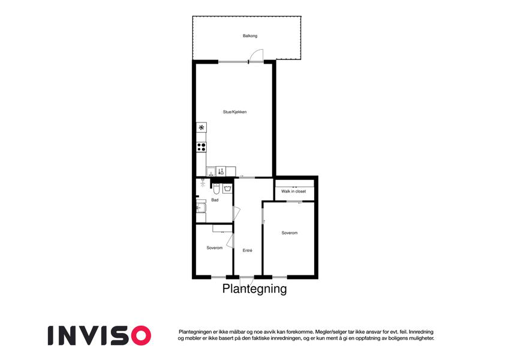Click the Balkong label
[250, 36]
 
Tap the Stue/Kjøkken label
[234, 112]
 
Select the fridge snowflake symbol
[201, 127]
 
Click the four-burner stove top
[201, 147]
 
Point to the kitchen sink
[211, 172]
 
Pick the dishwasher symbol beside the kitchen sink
[221, 172]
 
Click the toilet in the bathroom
[216, 188]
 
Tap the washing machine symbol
[228, 188]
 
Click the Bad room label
[215, 200]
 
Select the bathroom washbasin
[201, 207]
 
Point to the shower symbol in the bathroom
[203, 183]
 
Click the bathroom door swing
[237, 213]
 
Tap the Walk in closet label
[293, 191]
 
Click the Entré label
[248, 251]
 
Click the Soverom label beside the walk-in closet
[289, 233]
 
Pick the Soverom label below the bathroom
[215, 248]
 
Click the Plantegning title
[254, 289]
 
